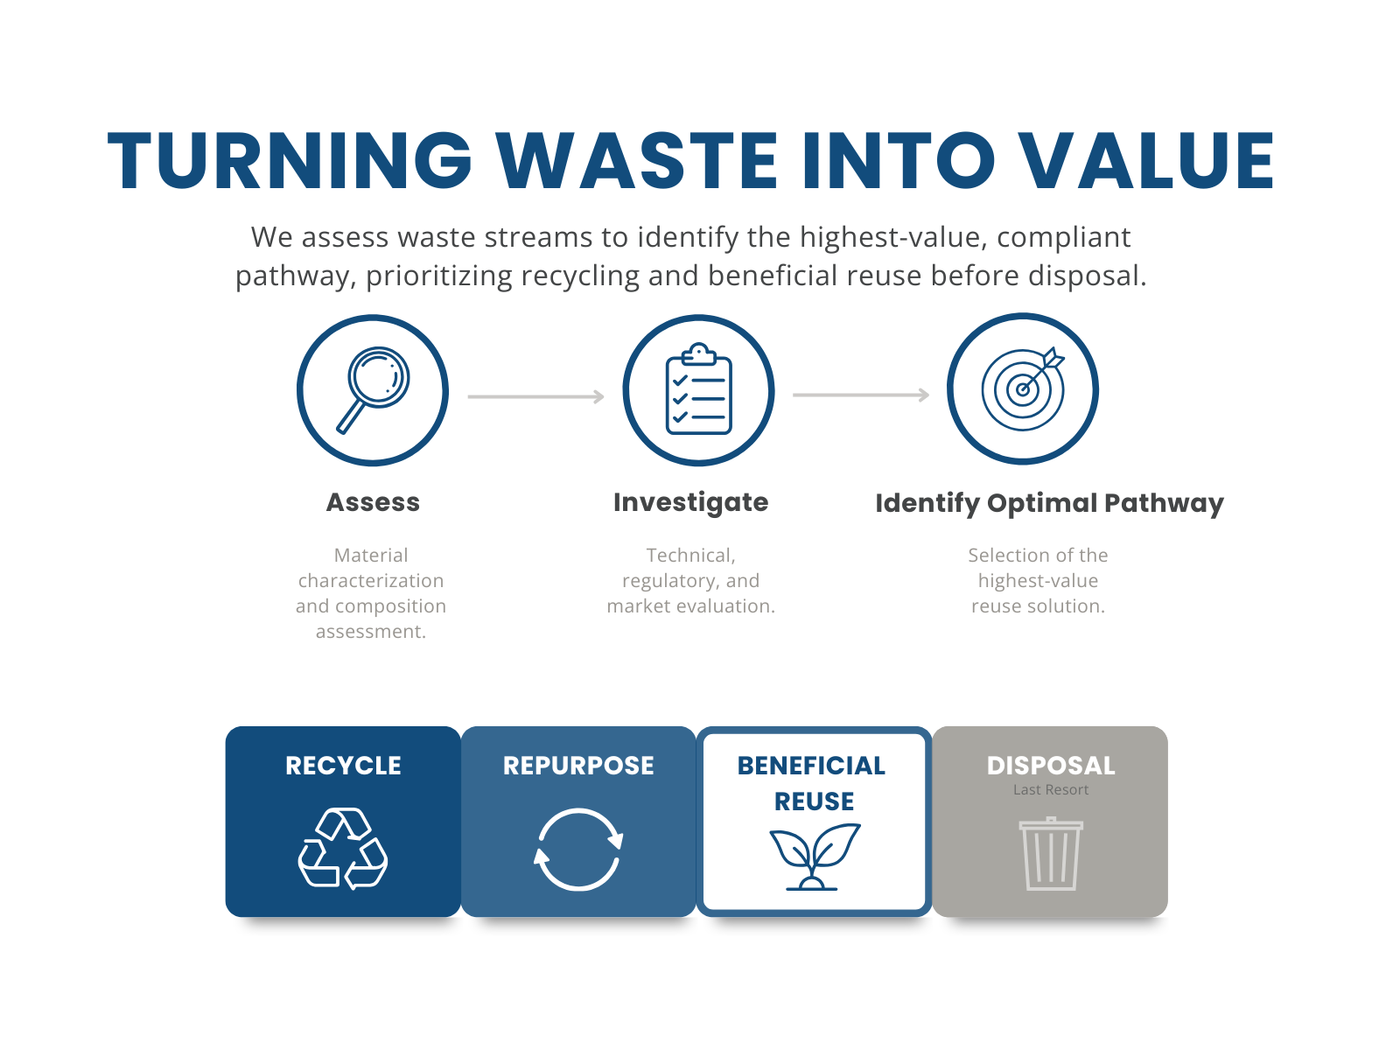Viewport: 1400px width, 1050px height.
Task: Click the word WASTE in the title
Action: [637, 161]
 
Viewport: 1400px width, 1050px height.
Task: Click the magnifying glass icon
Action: [374, 389]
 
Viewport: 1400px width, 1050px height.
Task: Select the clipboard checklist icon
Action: [698, 389]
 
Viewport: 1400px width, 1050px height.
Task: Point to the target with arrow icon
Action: [1023, 388]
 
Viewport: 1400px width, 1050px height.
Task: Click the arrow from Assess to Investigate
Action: [535, 396]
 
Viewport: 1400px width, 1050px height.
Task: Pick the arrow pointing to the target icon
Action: [861, 395]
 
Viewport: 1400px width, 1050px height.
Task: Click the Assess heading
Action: [373, 502]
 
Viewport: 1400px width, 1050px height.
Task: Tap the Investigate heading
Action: [690, 502]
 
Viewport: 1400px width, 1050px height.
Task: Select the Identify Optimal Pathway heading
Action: [1049, 503]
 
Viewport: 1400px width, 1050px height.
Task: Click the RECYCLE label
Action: [343, 766]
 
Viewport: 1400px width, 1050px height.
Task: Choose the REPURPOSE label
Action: [578, 766]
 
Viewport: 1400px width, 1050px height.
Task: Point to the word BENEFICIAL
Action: [811, 766]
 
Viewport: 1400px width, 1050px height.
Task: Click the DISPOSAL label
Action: [1051, 766]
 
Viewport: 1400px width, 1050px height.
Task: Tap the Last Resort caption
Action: [1051, 790]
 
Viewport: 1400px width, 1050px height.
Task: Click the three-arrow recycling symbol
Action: [343, 849]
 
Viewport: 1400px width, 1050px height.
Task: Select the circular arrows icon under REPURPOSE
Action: [578, 849]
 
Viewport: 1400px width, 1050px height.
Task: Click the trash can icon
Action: [1051, 853]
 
